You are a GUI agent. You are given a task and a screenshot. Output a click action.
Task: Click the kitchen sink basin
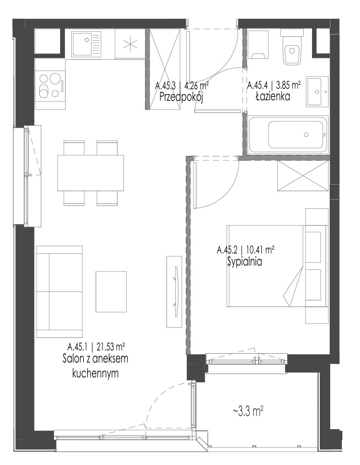tap(86, 44)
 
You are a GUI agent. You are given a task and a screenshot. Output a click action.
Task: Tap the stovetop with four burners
tap(50, 86)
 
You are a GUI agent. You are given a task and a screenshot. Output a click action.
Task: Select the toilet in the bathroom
tap(292, 47)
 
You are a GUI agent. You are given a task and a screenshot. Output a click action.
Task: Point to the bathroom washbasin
tap(317, 91)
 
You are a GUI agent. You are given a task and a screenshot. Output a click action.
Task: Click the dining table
tap(90, 173)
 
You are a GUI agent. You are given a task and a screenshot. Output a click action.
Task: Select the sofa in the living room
tap(59, 291)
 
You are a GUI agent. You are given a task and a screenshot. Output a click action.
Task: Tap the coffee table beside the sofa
tap(111, 291)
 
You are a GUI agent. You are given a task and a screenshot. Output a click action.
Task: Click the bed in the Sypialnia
tap(277, 266)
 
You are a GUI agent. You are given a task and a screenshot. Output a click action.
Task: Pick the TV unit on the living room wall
tap(174, 292)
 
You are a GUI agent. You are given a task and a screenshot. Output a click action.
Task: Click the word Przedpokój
tap(181, 98)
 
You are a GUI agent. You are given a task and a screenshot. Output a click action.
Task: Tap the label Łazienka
tap(273, 96)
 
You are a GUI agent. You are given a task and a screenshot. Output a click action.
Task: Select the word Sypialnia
tap(245, 262)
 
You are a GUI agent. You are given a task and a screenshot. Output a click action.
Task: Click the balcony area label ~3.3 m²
tap(248, 412)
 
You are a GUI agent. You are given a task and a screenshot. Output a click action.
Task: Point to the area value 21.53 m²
tap(110, 346)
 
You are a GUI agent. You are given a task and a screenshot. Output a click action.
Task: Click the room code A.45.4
tap(257, 85)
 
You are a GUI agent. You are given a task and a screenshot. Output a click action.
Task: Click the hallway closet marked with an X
tap(165, 69)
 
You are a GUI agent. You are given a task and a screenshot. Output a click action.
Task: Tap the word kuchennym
tap(95, 374)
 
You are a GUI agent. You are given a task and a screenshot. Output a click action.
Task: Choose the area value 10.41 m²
tap(260, 250)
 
